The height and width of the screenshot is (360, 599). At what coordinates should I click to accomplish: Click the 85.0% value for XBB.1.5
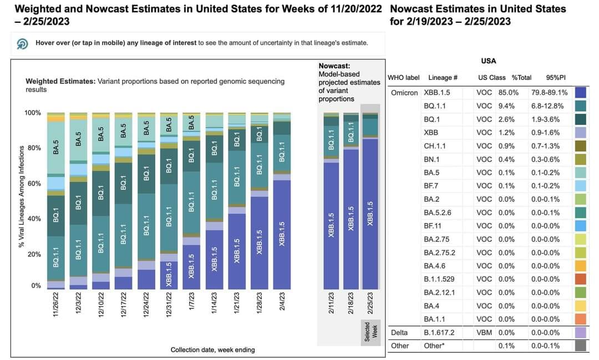click(x=510, y=93)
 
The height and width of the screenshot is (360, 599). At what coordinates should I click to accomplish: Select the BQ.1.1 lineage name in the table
click(x=435, y=106)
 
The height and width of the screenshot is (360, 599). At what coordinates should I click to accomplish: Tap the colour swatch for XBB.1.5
click(x=582, y=93)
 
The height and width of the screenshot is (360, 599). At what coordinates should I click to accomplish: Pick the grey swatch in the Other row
click(x=582, y=346)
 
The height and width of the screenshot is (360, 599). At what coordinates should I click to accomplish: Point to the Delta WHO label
click(x=399, y=332)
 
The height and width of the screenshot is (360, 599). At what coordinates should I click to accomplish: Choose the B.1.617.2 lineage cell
click(x=439, y=332)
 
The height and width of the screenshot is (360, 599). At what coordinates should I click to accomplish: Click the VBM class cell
click(x=484, y=332)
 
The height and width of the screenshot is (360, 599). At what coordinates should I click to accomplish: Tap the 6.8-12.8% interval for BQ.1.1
click(x=547, y=106)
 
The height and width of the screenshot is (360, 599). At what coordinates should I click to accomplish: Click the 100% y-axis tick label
click(x=33, y=113)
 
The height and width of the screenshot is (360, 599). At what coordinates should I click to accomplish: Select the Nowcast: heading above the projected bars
click(x=334, y=65)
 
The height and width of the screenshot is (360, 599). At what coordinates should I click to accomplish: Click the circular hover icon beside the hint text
click(x=23, y=43)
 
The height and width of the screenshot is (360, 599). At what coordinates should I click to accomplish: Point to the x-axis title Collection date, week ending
click(x=212, y=350)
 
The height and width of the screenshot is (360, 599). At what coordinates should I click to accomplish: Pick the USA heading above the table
click(x=488, y=61)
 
